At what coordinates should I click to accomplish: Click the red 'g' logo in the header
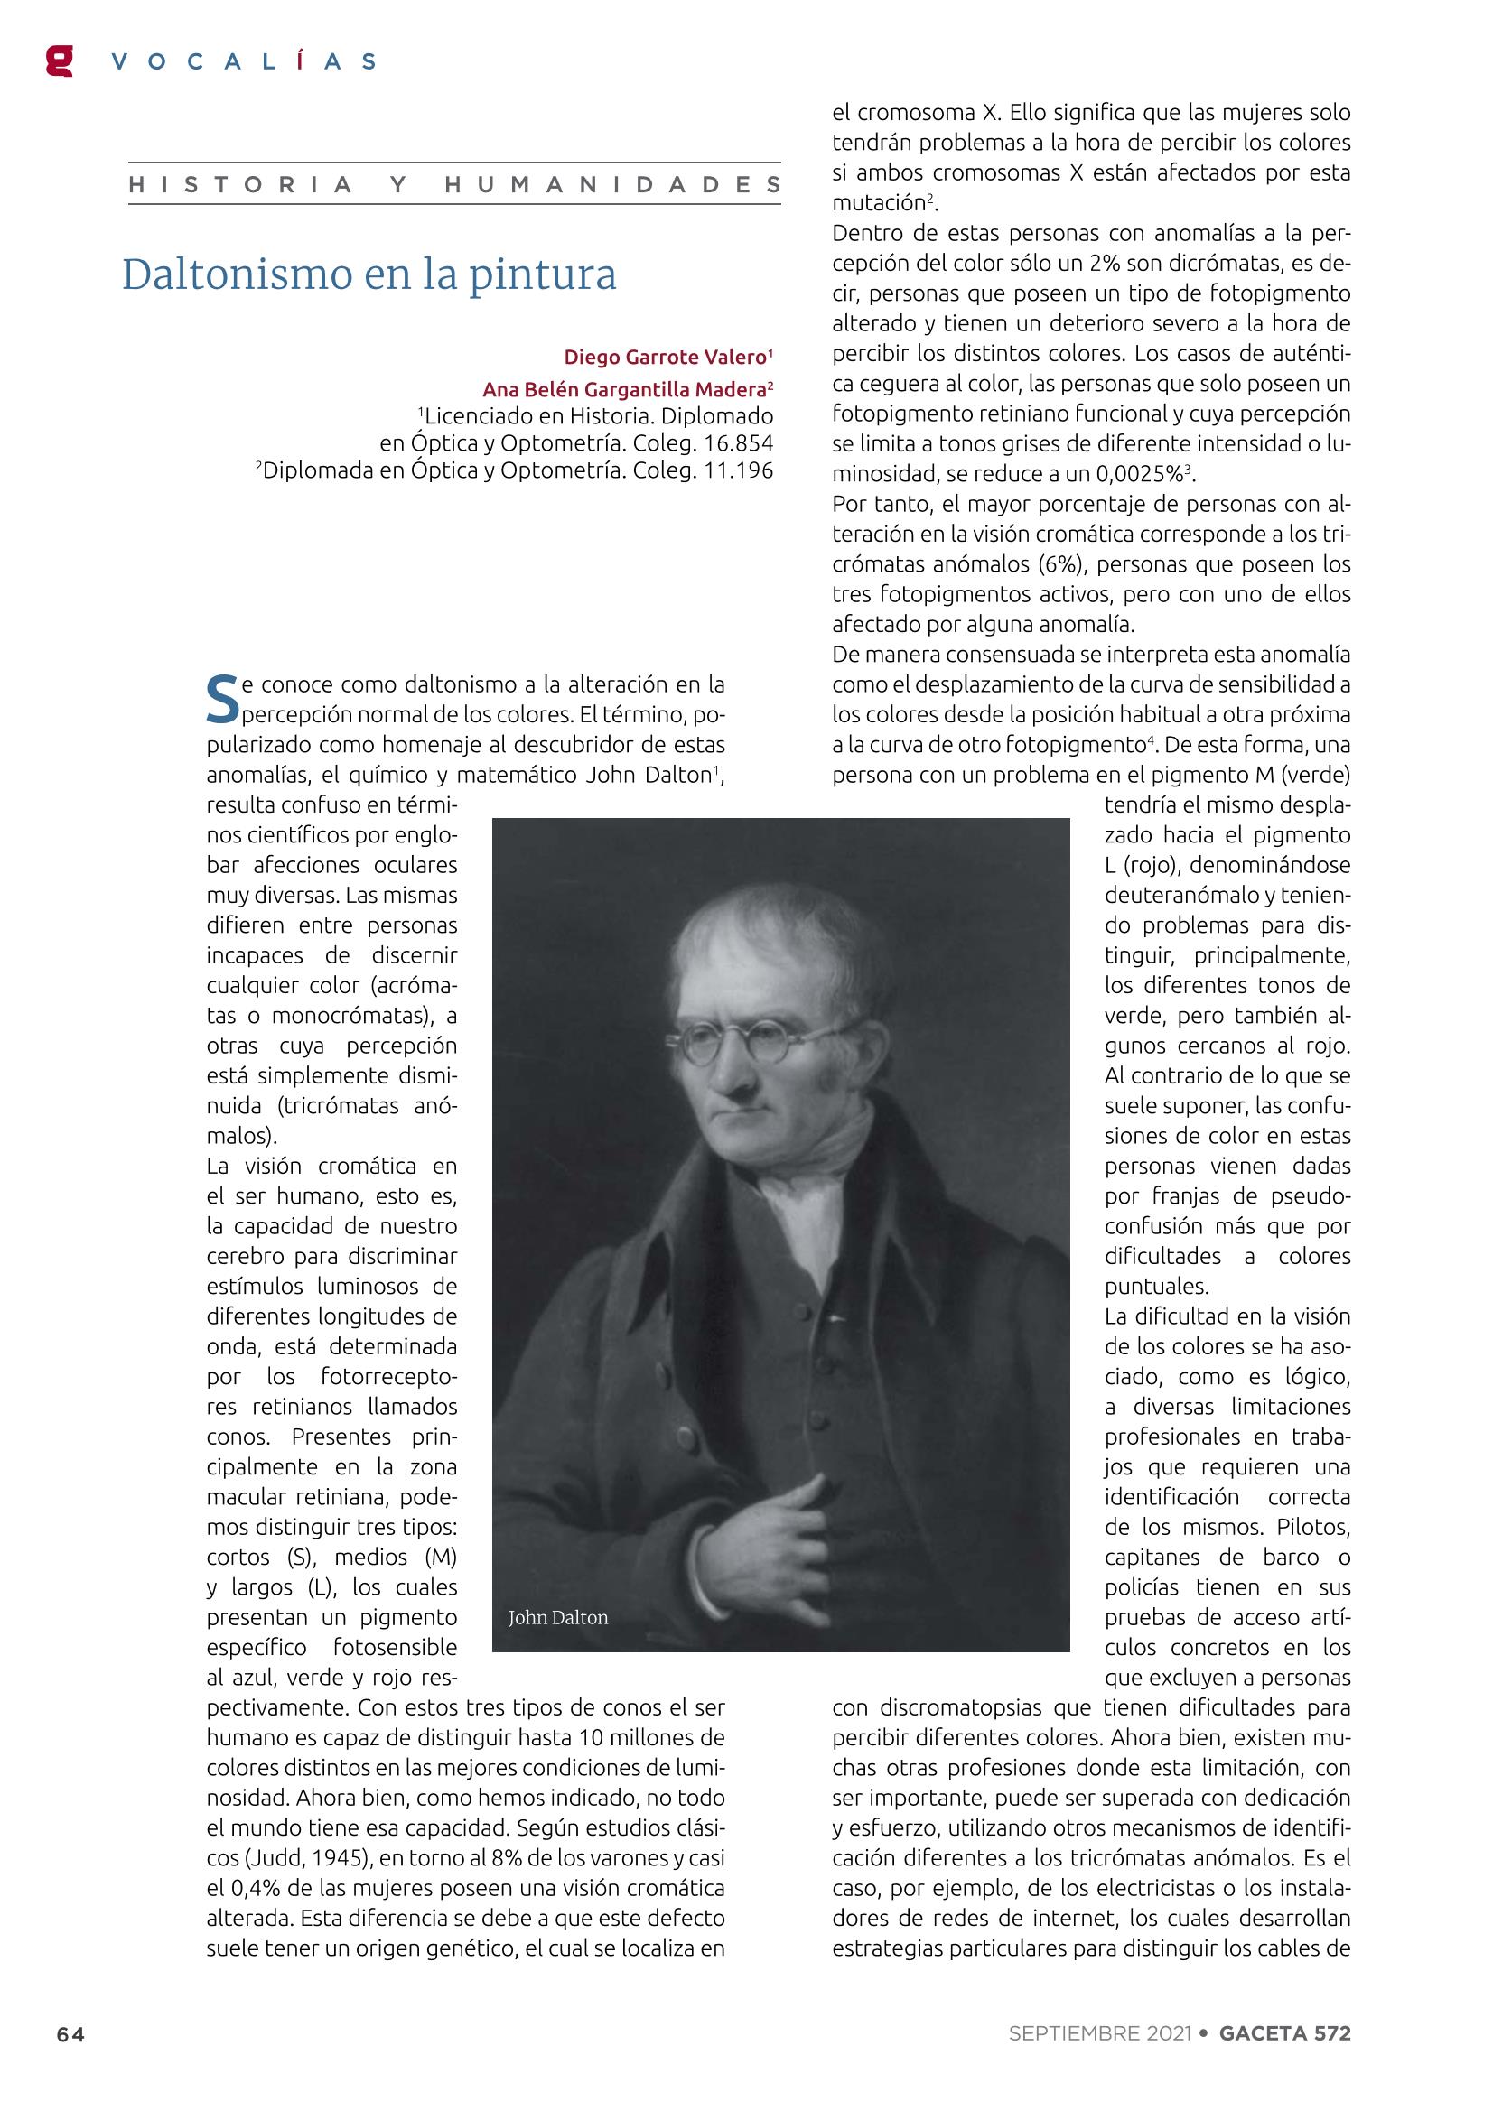(x=59, y=60)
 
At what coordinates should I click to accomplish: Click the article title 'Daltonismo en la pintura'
(x=369, y=274)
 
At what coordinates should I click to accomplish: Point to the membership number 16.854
(x=738, y=443)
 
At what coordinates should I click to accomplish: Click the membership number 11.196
(x=738, y=471)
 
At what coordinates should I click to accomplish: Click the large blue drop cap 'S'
(x=221, y=700)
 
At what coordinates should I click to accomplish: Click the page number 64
(x=70, y=2034)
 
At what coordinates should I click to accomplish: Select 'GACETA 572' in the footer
(x=1284, y=2032)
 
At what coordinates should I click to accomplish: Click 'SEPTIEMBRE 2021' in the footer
(x=1099, y=2032)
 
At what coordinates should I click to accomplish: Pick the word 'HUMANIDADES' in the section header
(x=612, y=185)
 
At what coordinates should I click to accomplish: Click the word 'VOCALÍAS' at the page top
(x=243, y=62)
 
